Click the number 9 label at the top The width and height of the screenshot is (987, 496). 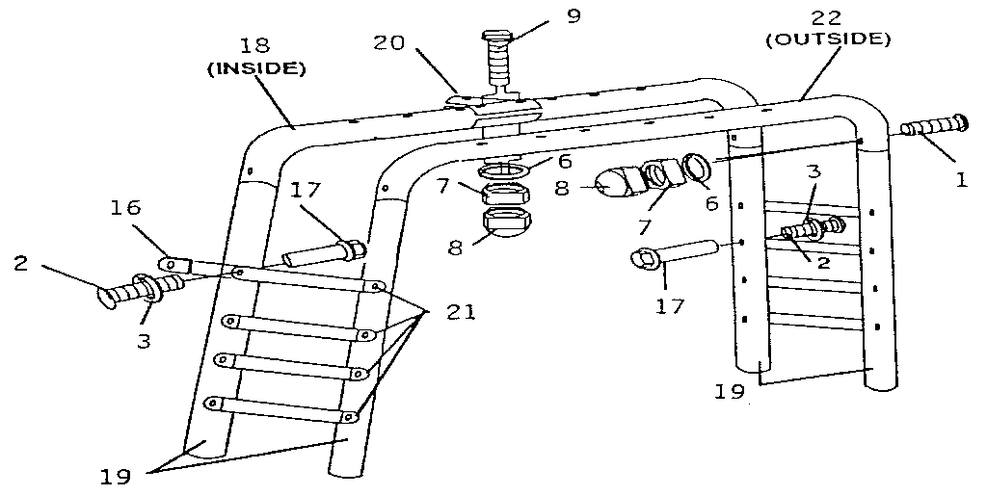[574, 16]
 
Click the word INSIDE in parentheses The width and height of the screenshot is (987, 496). [256, 68]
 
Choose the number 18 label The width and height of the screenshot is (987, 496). [254, 46]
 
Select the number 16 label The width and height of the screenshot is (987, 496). [125, 207]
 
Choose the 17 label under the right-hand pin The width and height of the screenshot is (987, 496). [670, 306]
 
